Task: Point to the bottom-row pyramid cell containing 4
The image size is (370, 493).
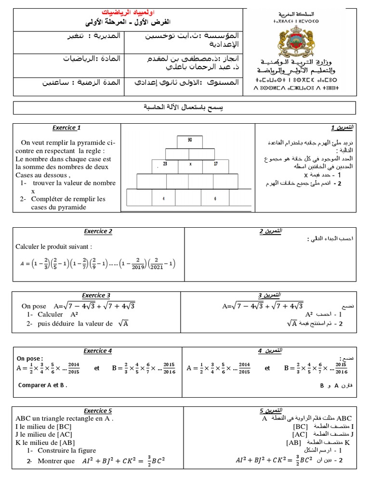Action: [x=164, y=198]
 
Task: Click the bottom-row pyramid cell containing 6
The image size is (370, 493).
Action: [x=215, y=198]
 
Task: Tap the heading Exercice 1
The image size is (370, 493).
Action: [x=66, y=128]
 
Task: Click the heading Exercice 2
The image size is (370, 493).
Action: [x=98, y=231]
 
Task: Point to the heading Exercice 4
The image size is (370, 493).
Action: [x=98, y=350]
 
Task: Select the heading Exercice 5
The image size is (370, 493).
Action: [x=98, y=411]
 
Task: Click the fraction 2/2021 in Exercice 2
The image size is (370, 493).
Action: [x=165, y=263]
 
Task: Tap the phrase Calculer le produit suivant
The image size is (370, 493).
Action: [x=53, y=246]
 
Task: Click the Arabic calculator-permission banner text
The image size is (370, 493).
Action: [x=185, y=107]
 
